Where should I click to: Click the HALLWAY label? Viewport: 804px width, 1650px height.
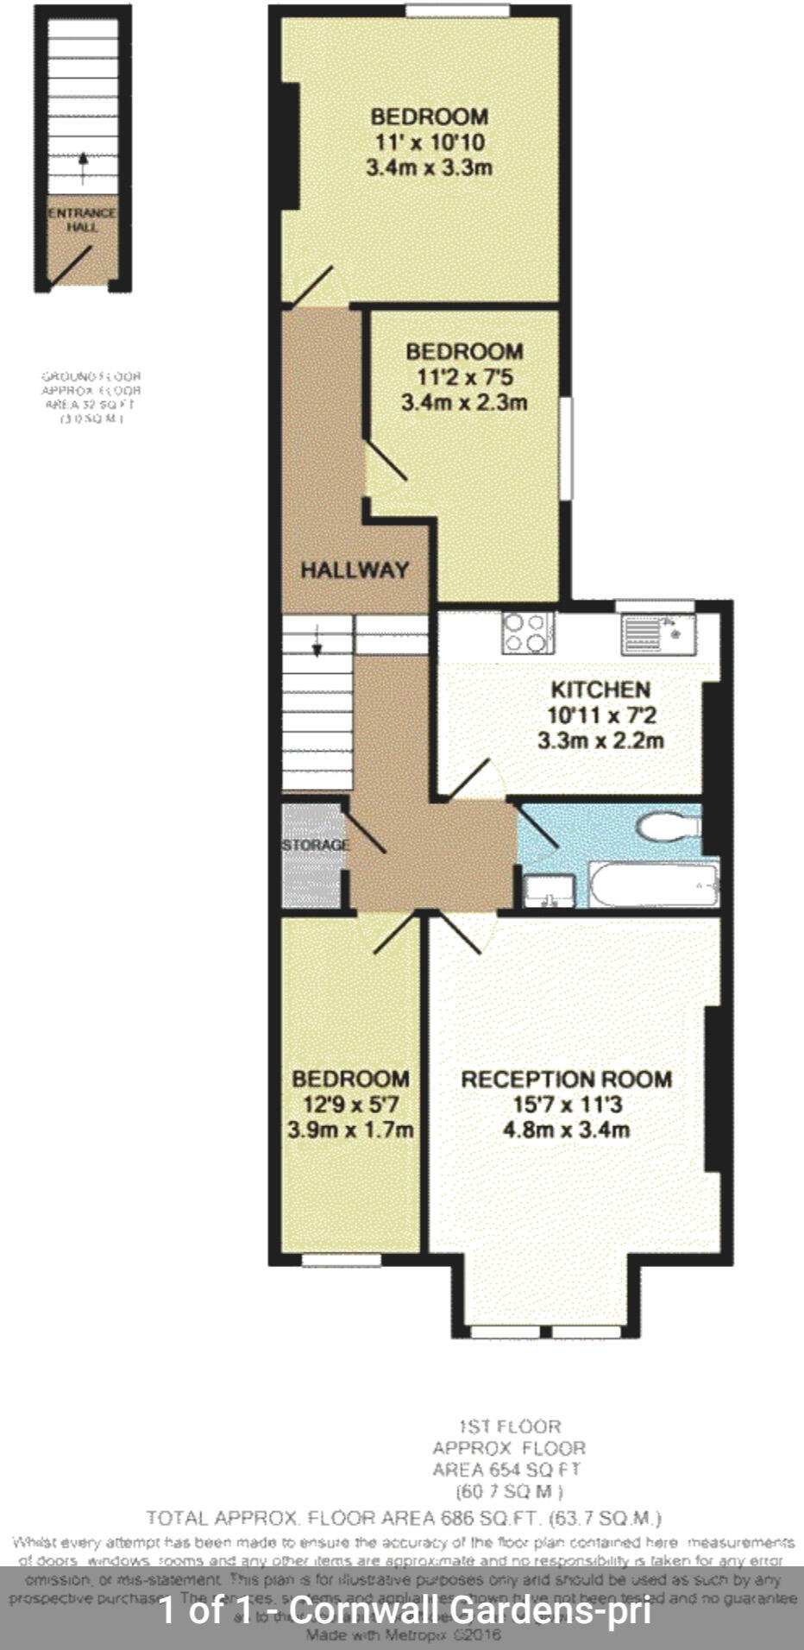coord(354,570)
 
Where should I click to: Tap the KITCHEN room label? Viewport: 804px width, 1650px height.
coord(600,690)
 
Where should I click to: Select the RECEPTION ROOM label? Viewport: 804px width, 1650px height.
coord(566,1079)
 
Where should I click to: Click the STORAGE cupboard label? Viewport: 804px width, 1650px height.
coord(315,845)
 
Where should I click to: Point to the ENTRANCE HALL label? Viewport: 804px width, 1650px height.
coord(82,220)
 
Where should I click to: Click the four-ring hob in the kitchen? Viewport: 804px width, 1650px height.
coord(526,633)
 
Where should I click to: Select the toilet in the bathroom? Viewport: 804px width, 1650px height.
coord(669,827)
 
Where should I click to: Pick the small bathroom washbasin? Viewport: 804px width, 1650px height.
coord(549,891)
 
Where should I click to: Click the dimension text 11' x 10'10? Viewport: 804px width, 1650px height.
coord(430,142)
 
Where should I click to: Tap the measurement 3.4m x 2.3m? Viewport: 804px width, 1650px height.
coord(464,402)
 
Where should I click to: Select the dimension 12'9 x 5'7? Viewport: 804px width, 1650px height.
coord(349,1104)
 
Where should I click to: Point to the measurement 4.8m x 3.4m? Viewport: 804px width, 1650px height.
coord(566,1129)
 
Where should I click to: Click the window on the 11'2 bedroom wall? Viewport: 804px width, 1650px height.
coord(566,447)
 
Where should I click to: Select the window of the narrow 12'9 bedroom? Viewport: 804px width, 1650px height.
coord(342,1261)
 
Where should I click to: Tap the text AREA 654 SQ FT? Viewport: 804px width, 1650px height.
coord(507,1469)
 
